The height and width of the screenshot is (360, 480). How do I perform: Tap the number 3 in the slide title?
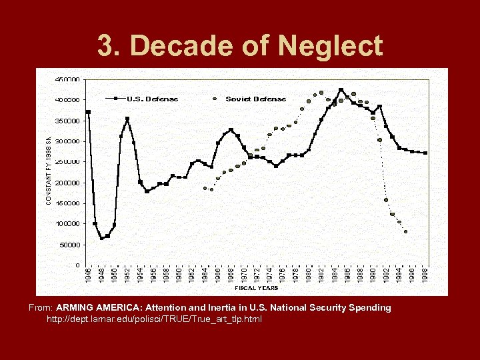click(106, 47)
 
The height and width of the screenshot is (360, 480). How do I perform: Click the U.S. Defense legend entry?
click(152, 99)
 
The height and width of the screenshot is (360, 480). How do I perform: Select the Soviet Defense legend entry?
click(255, 99)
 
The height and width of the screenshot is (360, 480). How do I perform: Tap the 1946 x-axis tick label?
click(89, 275)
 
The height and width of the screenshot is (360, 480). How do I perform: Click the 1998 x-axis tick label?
click(425, 275)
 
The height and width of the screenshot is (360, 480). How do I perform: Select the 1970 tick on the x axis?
click(244, 275)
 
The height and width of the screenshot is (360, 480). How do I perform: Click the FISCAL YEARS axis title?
click(256, 288)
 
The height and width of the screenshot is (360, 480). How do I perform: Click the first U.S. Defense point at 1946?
click(89, 112)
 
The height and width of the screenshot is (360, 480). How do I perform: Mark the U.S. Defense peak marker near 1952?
click(127, 119)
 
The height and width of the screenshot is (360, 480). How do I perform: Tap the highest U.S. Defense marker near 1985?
click(341, 89)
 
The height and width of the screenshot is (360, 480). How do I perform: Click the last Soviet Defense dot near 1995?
click(405, 232)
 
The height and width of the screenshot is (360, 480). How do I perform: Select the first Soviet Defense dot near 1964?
click(205, 188)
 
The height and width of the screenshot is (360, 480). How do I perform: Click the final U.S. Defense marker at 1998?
click(425, 153)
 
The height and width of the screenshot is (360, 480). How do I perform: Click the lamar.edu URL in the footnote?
click(154, 319)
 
